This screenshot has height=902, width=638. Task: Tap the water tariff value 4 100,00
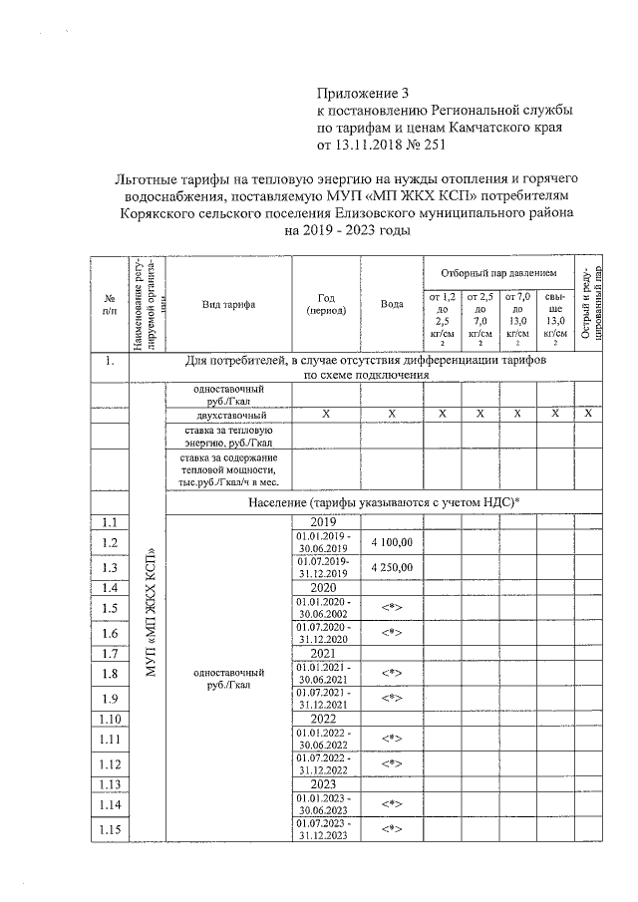[x=392, y=541]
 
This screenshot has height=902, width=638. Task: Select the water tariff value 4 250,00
[x=392, y=567]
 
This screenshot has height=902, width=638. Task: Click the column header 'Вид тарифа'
[x=228, y=304]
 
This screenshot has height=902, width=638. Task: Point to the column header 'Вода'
[x=392, y=304]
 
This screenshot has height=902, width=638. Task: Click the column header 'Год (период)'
[x=326, y=304]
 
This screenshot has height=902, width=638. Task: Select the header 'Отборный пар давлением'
[x=498, y=272]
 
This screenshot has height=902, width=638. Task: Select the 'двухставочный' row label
[x=228, y=414]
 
